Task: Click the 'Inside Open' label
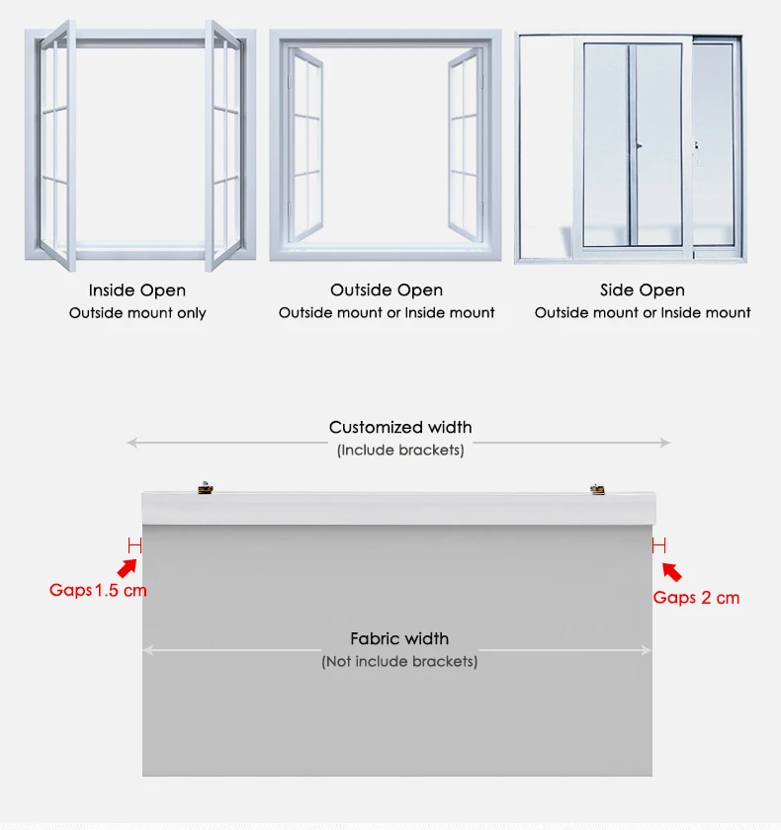(137, 290)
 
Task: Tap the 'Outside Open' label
(387, 290)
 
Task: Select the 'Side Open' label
(643, 290)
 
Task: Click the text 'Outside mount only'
(137, 313)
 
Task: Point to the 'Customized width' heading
(400, 428)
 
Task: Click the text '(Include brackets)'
(400, 451)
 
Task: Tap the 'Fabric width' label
(399, 639)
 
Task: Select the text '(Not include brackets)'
(399, 661)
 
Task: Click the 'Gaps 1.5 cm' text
(98, 591)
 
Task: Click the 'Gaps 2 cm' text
(696, 598)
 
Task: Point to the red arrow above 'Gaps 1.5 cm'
(127, 568)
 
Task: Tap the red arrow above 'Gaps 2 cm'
(671, 571)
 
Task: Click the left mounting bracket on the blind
(205, 486)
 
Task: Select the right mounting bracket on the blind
(596, 487)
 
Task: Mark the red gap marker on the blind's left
(134, 544)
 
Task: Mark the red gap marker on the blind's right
(658, 544)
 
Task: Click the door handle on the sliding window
(639, 145)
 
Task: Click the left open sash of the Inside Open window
(57, 145)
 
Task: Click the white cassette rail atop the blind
(398, 508)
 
